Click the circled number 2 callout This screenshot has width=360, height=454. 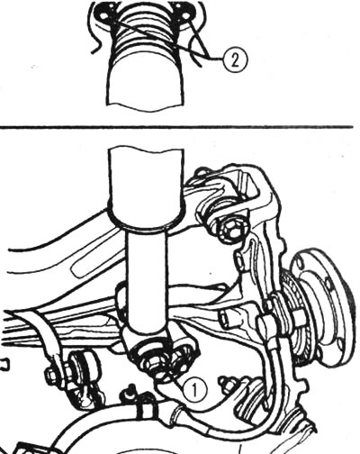coord(235,60)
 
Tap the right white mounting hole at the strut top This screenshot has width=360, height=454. coord(186,15)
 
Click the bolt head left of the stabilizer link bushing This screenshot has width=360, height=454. coord(51,376)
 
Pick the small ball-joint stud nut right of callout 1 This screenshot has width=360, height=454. coord(226,386)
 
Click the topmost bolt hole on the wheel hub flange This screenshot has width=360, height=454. coord(300,263)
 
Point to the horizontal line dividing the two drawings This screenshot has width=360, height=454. coord(176,127)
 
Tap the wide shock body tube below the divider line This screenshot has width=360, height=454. coord(146,187)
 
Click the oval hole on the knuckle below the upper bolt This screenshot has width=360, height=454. coord(239,259)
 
